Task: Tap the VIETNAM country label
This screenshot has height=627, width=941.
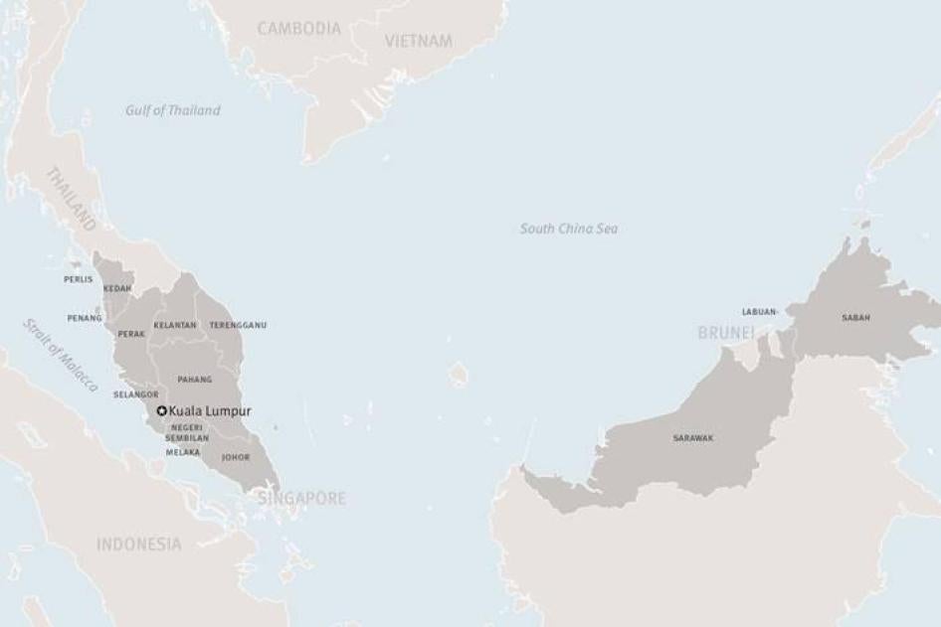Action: point(418,41)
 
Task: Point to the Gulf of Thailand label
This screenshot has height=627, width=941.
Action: point(173,110)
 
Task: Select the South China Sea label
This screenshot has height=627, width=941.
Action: point(569,229)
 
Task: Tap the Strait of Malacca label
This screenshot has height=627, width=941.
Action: point(62,355)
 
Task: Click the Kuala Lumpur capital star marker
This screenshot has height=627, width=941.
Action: point(162,410)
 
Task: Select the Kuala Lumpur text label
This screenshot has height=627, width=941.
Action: point(210,410)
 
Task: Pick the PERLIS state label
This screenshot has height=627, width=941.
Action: point(78,279)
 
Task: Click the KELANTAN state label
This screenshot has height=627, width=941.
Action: point(174,325)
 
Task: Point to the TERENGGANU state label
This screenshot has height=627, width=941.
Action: point(238,325)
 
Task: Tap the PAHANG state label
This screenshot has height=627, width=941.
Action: point(194,380)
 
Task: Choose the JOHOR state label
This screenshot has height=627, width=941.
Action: point(236,457)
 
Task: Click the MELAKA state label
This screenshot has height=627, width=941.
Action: point(183,452)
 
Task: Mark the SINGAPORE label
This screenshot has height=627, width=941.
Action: point(302,498)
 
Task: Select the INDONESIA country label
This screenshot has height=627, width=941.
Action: point(139,544)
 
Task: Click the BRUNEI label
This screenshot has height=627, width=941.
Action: point(726,333)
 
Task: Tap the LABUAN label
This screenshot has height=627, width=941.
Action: point(758,311)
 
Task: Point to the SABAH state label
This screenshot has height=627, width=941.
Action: point(855,317)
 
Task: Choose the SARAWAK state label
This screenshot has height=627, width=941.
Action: point(692,437)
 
